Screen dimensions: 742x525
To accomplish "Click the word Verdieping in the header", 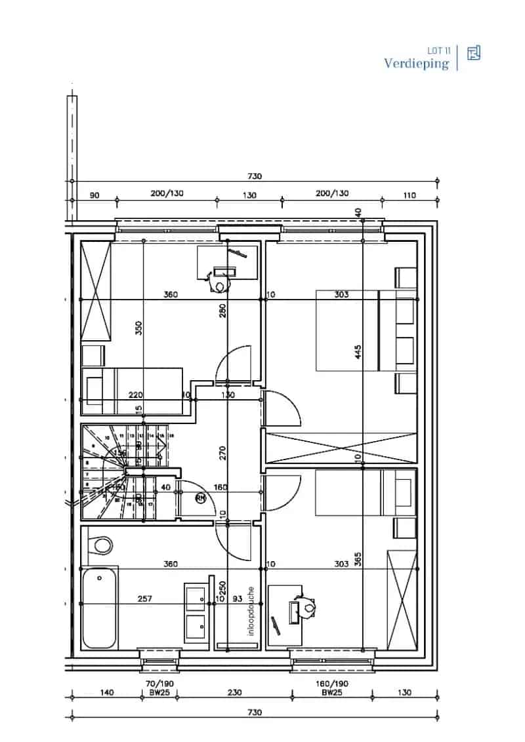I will pos(417,64).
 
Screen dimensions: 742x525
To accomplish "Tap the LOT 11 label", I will pos(438,50).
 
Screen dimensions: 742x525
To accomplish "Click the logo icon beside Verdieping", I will pos(473,54).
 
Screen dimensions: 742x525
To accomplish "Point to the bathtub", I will pos(99,608).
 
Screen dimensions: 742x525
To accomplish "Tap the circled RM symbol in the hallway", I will pos(201,498).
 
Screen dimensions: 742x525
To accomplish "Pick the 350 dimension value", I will pos(138,328).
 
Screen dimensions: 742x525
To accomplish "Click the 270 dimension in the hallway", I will pos(222,452).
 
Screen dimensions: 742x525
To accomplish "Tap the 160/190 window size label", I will pos(332,683).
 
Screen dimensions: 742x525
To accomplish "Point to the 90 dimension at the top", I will pos(94,195).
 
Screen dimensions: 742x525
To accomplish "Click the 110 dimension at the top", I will pos(410,195).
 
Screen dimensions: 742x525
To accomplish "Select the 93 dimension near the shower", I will pos(237,599).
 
